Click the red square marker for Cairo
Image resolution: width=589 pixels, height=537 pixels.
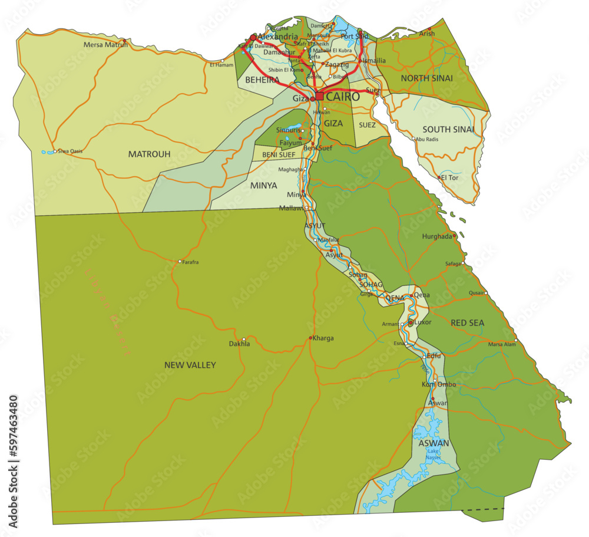[319, 96]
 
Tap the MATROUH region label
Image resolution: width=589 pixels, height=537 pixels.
[150, 154]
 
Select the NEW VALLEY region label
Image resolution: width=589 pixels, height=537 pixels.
[190, 365]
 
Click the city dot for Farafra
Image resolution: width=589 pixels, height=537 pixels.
[180, 261]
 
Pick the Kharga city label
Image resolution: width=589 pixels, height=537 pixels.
[323, 338]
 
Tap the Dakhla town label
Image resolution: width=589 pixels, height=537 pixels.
[240, 344]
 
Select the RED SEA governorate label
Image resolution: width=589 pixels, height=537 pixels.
[467, 323]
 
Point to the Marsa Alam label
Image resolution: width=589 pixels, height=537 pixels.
[502, 345]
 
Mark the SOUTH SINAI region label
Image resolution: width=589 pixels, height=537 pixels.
[448, 129]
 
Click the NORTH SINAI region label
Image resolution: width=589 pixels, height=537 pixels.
[426, 78]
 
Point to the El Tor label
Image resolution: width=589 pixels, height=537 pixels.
[450, 177]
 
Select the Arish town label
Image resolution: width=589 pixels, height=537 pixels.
[427, 34]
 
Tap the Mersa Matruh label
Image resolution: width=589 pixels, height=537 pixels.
[105, 44]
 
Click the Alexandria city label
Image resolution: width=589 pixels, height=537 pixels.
[278, 37]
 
